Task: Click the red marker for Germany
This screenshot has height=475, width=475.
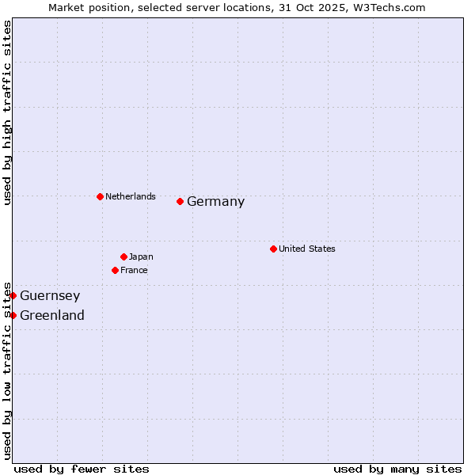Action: coord(180,201)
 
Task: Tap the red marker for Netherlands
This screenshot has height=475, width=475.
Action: coord(100,196)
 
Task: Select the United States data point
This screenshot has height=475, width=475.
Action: coord(273,249)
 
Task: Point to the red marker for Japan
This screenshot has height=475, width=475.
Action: coord(123,256)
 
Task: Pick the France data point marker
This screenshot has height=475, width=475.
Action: coord(115,270)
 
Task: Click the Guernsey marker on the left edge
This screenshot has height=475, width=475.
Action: coord(13,295)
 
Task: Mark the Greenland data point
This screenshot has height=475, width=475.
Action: coord(13,315)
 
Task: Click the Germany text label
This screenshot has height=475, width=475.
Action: coord(215,202)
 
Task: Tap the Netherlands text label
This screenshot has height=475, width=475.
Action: coord(130,196)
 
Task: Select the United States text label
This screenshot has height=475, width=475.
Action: coord(306,249)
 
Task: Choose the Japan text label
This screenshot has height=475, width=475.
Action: coord(141,256)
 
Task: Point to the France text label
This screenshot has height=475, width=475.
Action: coord(134,270)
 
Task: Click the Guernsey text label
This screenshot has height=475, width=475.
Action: coord(50,296)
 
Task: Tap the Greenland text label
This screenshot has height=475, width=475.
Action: coord(52,316)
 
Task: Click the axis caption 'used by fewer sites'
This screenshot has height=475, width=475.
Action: coord(82,469)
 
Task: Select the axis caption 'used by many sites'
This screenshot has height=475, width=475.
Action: coord(397,469)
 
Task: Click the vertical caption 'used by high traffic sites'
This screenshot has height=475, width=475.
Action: coord(8,113)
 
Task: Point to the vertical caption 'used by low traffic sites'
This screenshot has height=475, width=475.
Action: coord(8,370)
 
